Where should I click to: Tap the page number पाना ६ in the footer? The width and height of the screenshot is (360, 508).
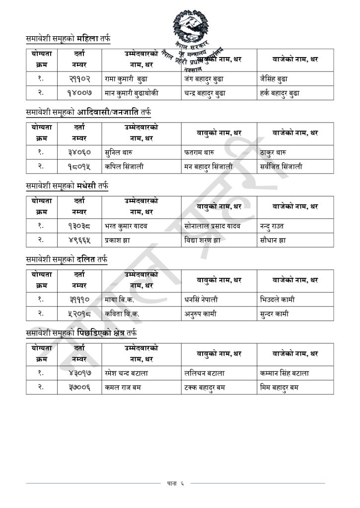coord(175,483)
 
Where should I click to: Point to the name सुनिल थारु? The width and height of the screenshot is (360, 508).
coord(118,152)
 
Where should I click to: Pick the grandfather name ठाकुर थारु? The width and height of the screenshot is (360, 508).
coord(273,152)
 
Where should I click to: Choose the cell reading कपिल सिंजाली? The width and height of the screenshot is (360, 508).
coord(124,167)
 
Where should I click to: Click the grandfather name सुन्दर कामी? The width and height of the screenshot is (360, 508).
coord(274,314)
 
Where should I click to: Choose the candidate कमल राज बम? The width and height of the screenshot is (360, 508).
coord(123,387)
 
